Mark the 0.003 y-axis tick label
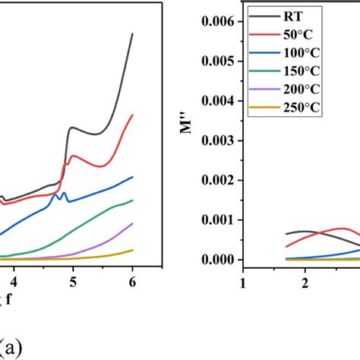(212, 141)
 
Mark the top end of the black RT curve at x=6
(133, 34)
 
